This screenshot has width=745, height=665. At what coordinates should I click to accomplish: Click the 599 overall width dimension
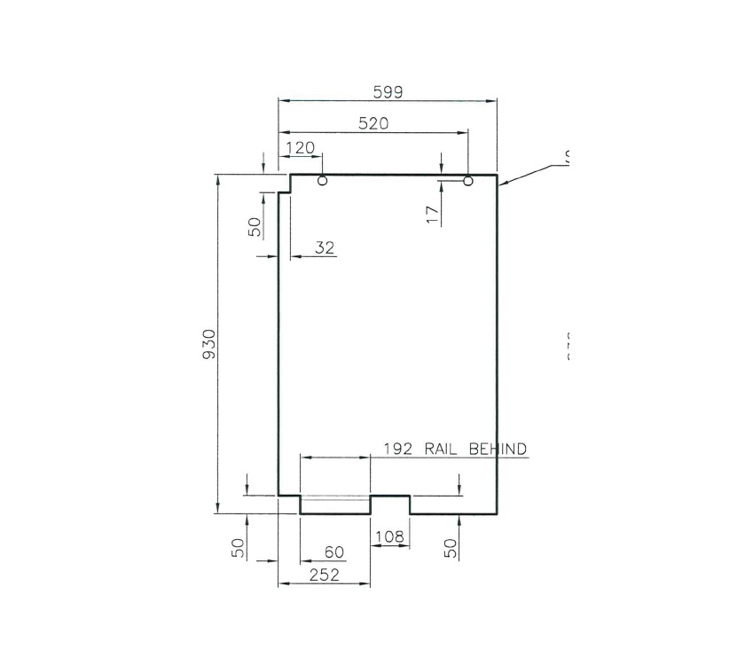[388, 92]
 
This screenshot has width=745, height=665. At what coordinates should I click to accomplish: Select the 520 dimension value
[372, 124]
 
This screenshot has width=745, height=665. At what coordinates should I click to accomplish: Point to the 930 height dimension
[209, 343]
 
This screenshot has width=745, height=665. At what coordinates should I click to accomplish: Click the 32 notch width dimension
[325, 248]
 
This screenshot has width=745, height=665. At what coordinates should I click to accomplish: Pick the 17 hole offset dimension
[432, 213]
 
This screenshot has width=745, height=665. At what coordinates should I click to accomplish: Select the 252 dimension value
[324, 575]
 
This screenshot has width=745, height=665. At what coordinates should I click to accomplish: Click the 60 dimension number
[333, 552]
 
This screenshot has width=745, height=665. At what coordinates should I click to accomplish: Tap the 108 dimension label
[390, 536]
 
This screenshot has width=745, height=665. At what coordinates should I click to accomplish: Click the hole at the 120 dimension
[322, 181]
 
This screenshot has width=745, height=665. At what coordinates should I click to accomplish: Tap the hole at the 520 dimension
[468, 181]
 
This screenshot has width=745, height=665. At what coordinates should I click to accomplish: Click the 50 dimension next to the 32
[255, 226]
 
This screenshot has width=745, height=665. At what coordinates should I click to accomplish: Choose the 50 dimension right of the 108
[451, 548]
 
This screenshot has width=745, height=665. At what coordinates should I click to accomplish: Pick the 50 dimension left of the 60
[238, 548]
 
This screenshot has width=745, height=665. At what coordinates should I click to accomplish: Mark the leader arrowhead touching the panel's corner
[502, 184]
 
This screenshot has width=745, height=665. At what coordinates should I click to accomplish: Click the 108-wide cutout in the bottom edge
[390, 504]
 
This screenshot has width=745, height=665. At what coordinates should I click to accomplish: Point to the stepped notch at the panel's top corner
[286, 184]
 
